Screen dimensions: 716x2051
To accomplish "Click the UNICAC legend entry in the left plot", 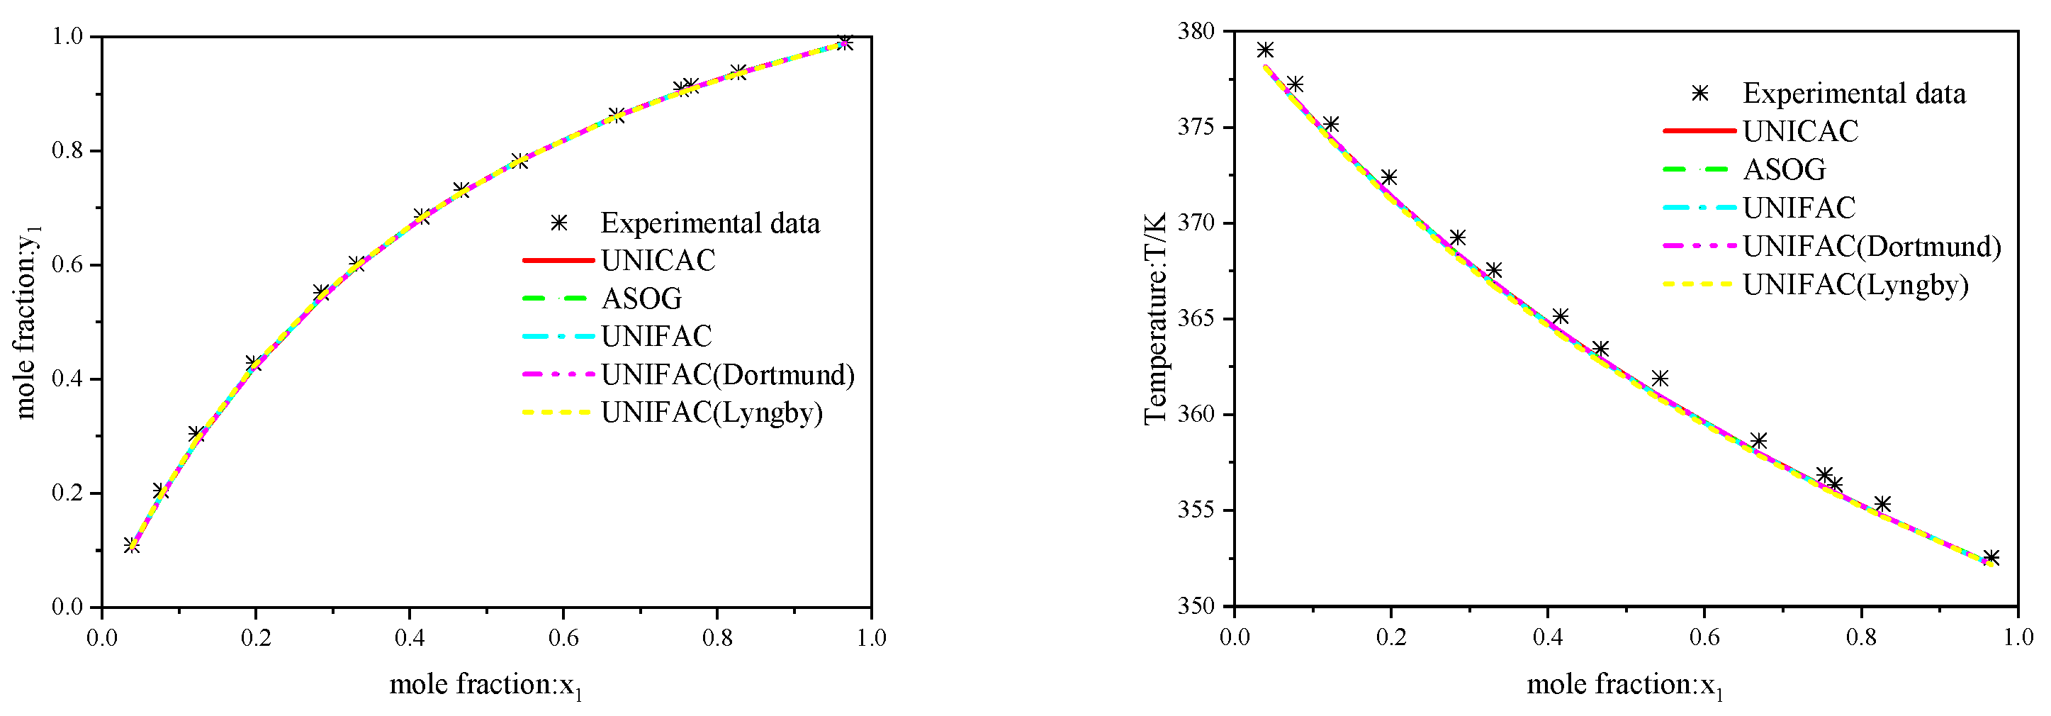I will [658, 260].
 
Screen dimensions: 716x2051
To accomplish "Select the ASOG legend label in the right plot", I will [1784, 169].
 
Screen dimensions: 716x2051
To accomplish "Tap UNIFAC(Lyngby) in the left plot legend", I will [711, 413].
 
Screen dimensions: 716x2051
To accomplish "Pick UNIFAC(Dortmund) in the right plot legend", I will [1871, 246].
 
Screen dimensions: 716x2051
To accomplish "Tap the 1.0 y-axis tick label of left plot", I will [67, 37].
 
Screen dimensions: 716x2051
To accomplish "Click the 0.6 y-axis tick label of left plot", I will [67, 265].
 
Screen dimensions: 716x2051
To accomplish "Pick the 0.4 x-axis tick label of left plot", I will [408, 638].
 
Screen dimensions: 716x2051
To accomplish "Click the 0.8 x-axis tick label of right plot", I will [1860, 638].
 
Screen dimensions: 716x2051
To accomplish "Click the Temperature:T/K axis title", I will [1154, 318].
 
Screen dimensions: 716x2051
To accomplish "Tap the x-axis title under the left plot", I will [485, 685].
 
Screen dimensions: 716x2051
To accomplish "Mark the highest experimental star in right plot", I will [1265, 50].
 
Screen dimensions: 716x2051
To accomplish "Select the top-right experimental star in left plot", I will [845, 43].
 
